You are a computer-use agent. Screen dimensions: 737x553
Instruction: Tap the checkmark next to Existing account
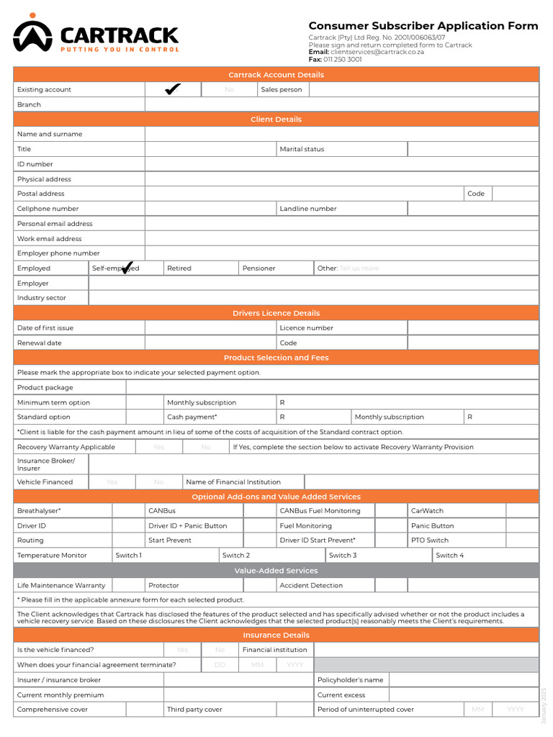pos(172,89)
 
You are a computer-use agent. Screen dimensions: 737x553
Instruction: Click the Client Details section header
pos(276,119)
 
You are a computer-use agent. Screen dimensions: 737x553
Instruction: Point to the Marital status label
pos(302,149)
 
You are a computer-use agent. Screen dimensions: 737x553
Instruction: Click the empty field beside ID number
pos(341,164)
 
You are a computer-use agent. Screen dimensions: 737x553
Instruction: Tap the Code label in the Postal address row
pos(476,194)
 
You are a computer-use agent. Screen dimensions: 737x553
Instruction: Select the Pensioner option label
pos(258,268)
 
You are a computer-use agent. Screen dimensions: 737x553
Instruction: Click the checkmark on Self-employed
pos(127,268)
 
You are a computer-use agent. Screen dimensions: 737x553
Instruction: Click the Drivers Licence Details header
pos(276,313)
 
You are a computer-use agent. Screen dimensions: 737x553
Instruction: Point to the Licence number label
pos(306,328)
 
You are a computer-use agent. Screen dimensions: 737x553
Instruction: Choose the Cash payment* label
pos(192,417)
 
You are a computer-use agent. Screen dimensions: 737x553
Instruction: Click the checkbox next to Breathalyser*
pos(127,511)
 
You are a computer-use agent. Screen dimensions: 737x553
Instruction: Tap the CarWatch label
pos(427,511)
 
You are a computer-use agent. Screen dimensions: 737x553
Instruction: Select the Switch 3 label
pos(343,556)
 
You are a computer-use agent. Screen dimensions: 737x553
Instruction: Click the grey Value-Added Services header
pos(276,571)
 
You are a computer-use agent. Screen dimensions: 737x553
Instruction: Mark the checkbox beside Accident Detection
pos(391,586)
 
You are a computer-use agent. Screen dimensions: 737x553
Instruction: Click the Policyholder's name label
pos(351,680)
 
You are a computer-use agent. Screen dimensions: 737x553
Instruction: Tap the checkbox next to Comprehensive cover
pos(144,710)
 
